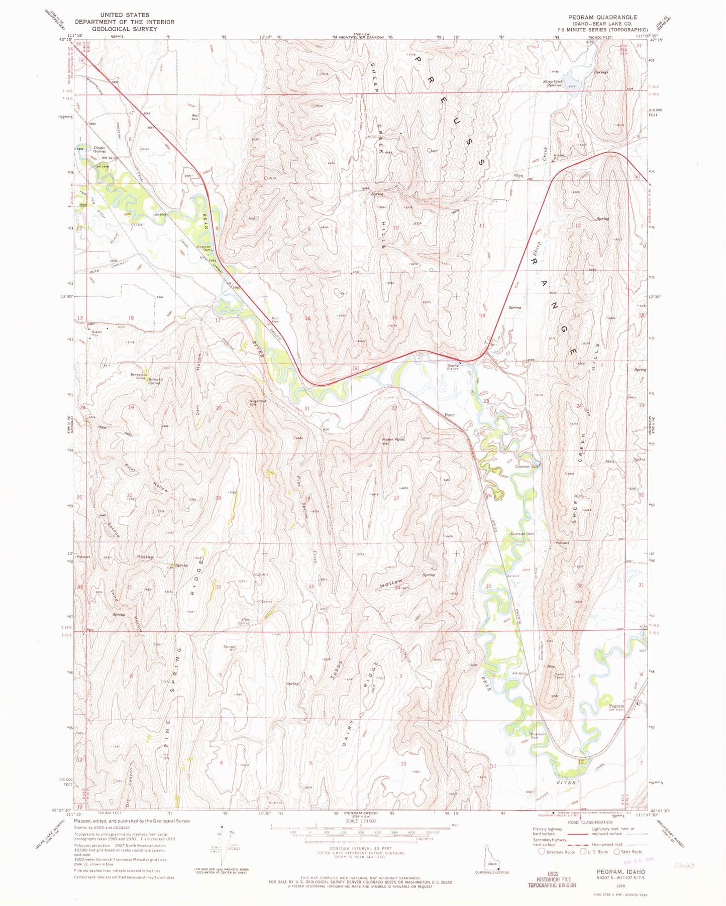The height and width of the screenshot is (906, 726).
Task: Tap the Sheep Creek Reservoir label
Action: (552, 83)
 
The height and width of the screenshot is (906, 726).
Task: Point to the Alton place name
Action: (518, 175)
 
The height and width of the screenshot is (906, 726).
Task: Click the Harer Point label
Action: (393, 439)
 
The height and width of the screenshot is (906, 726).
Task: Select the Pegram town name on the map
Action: (616, 706)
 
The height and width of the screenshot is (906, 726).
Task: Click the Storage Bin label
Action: (230, 648)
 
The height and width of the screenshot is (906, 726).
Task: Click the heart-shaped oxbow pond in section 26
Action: (498, 495)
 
